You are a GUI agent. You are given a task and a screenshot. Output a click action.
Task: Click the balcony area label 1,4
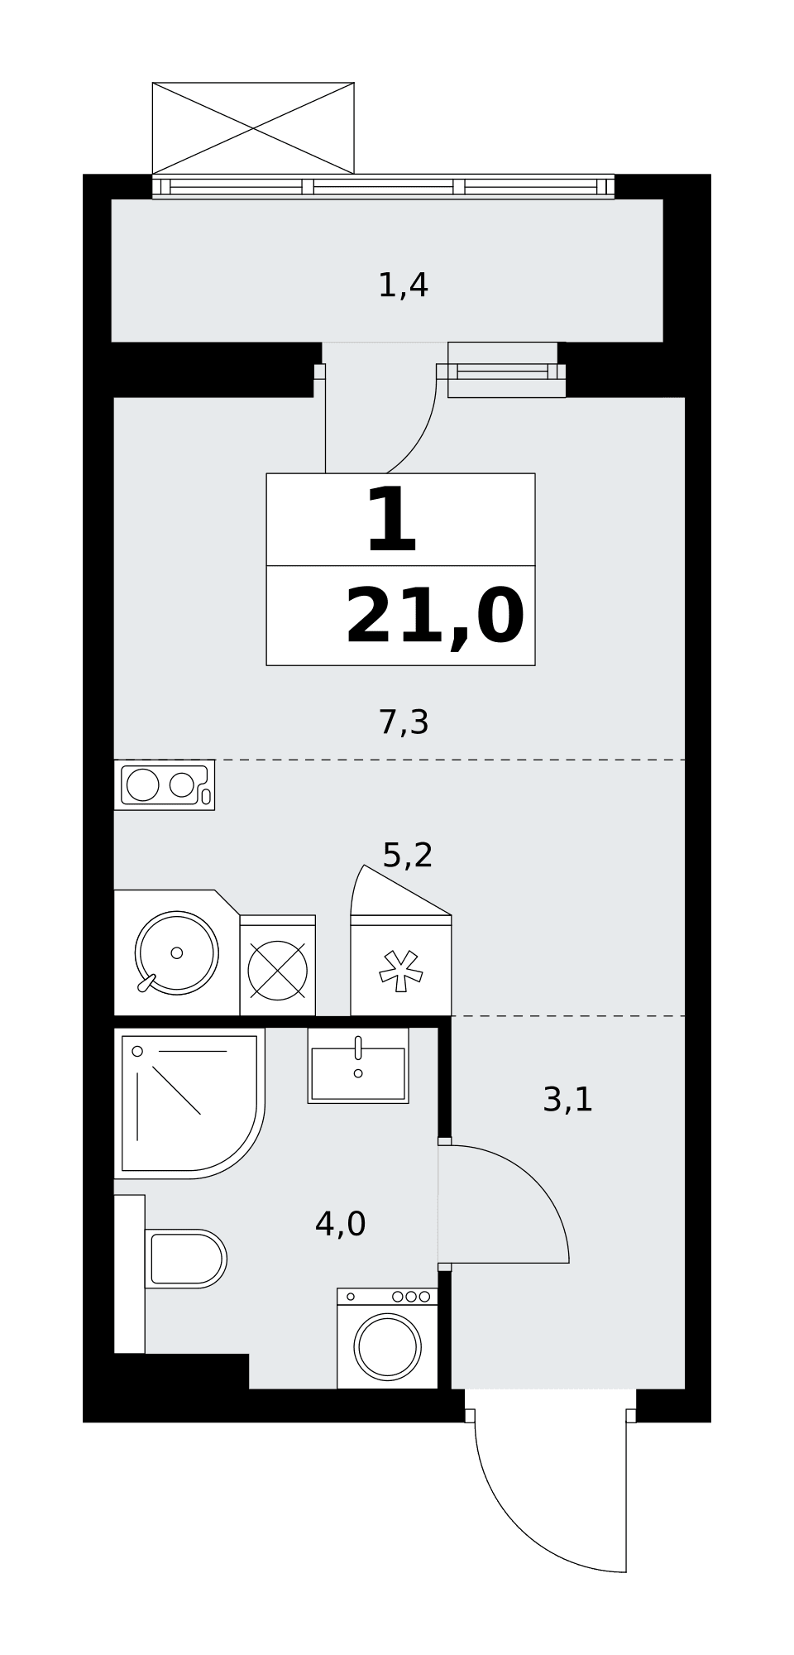403,285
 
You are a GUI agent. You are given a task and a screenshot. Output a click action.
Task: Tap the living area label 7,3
404,722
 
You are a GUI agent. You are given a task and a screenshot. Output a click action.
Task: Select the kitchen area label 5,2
408,855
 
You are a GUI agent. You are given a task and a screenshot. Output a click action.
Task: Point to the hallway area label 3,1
568,1100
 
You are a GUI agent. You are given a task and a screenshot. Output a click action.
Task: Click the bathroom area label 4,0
340,1223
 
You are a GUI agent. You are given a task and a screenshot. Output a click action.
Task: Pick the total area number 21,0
435,617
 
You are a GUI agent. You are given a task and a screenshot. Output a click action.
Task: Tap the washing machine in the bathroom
387,1338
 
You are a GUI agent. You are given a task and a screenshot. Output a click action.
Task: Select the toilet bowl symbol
185,1259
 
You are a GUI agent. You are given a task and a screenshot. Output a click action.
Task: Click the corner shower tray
189,1103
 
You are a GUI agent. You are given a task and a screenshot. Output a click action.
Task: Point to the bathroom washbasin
358,1066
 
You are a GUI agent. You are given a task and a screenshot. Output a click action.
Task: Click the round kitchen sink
177,952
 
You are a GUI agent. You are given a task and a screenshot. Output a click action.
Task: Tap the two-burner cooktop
165,784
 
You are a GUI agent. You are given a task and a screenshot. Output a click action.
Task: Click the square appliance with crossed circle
278,965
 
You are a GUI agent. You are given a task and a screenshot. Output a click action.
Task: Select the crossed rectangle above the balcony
253,128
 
